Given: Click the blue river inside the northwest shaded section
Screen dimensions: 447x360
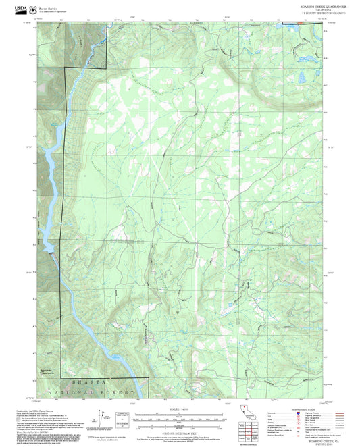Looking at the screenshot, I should (x=95, y=47).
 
